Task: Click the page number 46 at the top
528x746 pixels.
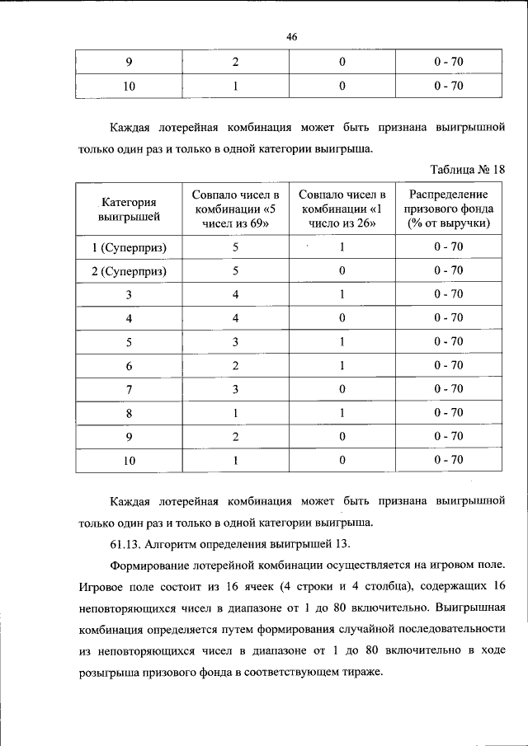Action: click(x=291, y=37)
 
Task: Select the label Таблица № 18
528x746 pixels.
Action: click(x=467, y=169)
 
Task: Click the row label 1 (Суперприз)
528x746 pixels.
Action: click(x=129, y=247)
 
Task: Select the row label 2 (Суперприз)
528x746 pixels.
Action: click(x=129, y=271)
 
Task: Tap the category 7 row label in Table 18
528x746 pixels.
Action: click(x=129, y=389)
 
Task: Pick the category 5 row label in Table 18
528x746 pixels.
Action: click(x=129, y=341)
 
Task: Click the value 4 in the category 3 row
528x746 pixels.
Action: click(x=235, y=294)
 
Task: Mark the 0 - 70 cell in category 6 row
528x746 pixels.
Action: click(x=450, y=365)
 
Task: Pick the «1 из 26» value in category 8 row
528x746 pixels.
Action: click(x=342, y=412)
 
